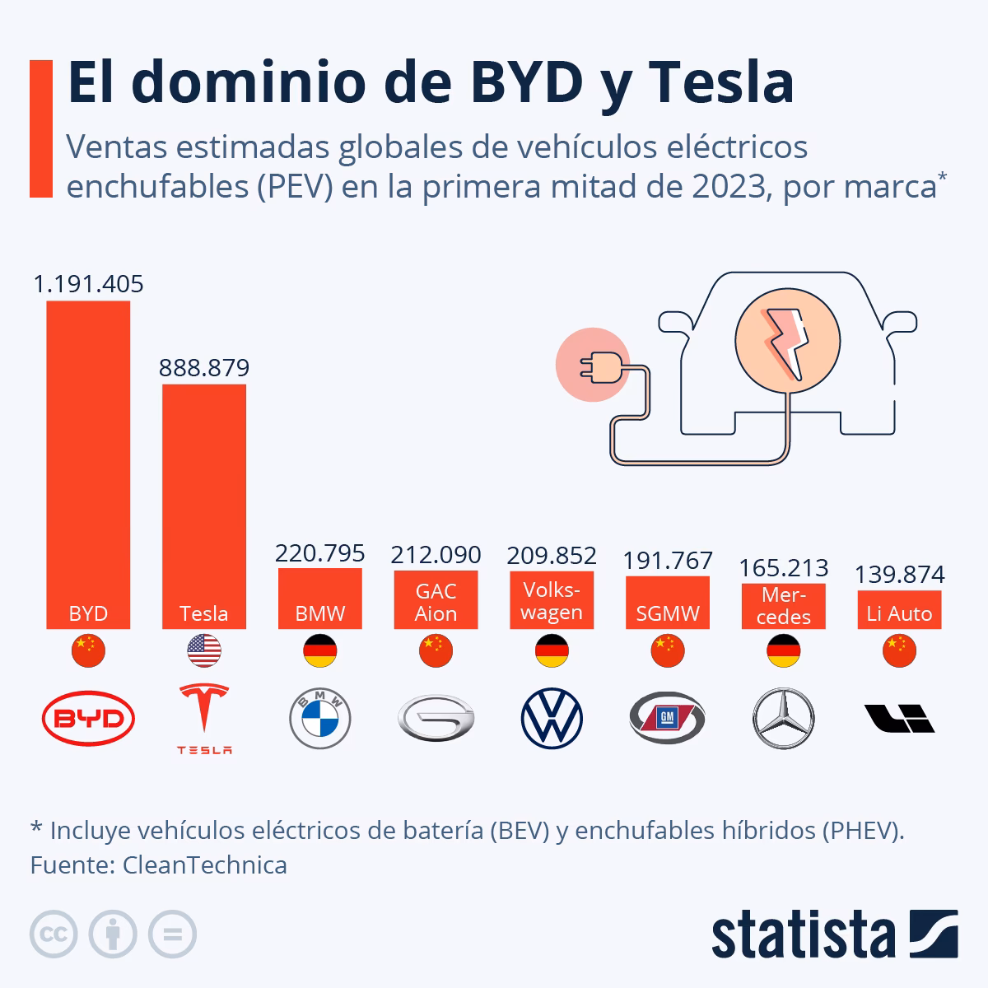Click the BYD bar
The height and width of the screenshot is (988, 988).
coord(88,461)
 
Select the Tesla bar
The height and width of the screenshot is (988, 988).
coord(204,502)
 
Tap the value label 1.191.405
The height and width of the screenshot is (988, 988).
coord(88,284)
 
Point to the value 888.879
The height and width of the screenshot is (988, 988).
coord(204,367)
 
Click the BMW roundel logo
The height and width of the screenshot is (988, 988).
coord(320,719)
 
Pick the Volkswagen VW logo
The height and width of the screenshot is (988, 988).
coord(552,719)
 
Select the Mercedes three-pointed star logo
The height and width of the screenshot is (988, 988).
coord(783,719)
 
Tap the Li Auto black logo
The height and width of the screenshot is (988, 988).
coord(899,719)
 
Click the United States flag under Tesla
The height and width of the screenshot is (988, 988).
coord(204,651)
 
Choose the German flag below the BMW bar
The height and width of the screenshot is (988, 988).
coord(320,651)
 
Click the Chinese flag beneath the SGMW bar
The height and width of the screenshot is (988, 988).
coord(668,651)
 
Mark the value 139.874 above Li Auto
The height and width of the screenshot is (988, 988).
coord(899,574)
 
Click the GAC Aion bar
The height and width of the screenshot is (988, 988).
coord(436,600)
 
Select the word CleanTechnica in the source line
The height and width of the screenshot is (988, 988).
coord(205,865)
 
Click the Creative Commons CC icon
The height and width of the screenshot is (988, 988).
coord(54,934)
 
